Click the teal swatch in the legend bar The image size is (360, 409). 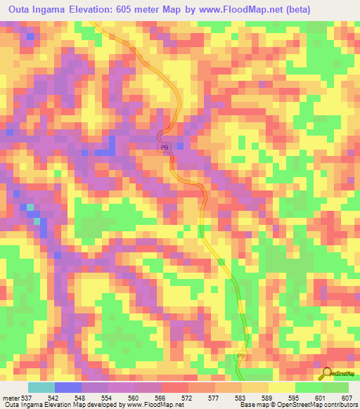pos(41,387)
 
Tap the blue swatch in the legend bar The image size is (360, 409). pos(68,387)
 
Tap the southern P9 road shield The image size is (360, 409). pos(240,358)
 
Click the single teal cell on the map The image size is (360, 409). pos(37,221)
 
